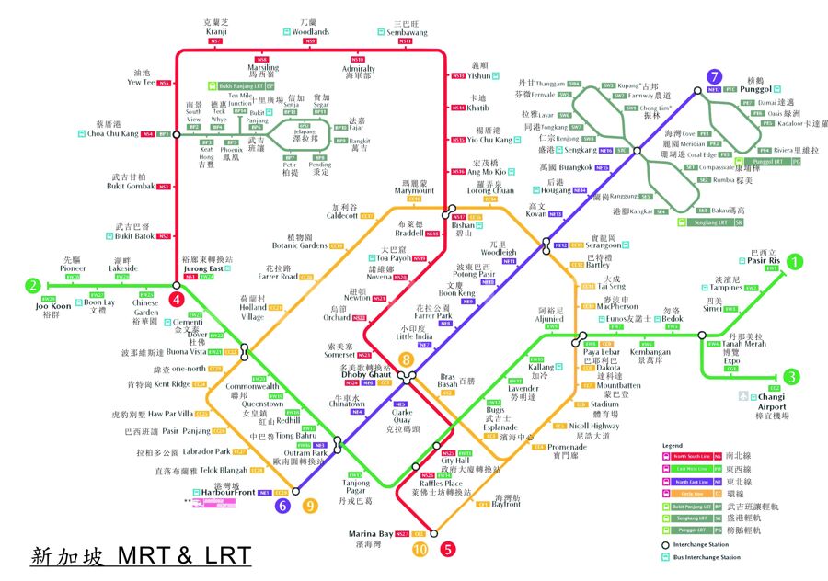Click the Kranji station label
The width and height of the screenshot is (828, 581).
[216, 31]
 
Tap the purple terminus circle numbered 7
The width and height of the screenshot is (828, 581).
[714, 77]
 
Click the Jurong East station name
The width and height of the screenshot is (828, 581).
[201, 268]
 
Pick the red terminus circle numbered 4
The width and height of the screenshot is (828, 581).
[177, 299]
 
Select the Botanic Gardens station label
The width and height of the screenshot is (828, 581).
[300, 245]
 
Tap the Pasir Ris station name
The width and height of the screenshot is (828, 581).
[765, 261]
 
